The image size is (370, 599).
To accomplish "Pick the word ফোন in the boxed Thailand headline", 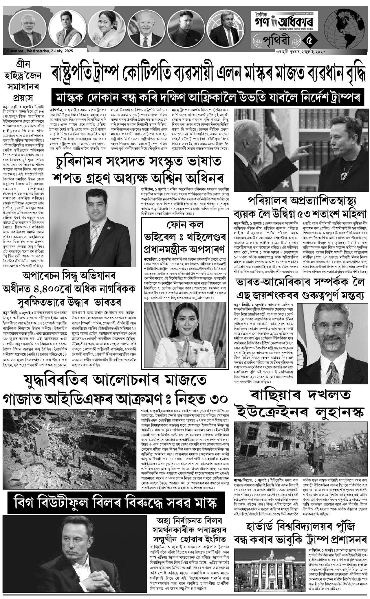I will pyautogui.click(x=175, y=224).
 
